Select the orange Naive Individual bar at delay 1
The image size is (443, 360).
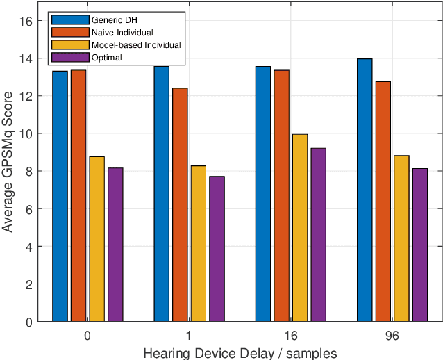pos(180,204)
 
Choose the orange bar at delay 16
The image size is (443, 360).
pos(281,195)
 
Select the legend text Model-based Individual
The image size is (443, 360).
pos(136,44)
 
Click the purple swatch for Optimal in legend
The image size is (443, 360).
pos(71,58)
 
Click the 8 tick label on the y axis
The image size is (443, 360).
pos(28,172)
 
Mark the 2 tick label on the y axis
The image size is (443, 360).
pos(28,284)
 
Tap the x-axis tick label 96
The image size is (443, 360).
pos(392,335)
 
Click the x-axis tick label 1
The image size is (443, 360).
pos(189,335)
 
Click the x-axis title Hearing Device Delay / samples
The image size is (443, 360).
pos(240,352)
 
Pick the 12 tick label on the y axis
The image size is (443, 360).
pos(26,96)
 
